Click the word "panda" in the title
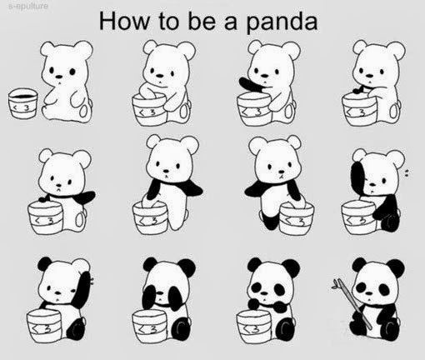click(282, 22)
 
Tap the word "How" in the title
click(124, 21)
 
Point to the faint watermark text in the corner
click(28, 6)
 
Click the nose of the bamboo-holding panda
click(369, 293)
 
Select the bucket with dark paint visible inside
click(22, 103)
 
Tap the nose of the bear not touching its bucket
click(59, 77)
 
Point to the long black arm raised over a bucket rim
click(252, 85)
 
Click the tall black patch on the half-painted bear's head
click(359, 178)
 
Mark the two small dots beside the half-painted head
click(406, 173)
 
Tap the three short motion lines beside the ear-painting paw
click(92, 281)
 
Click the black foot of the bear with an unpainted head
click(269, 220)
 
